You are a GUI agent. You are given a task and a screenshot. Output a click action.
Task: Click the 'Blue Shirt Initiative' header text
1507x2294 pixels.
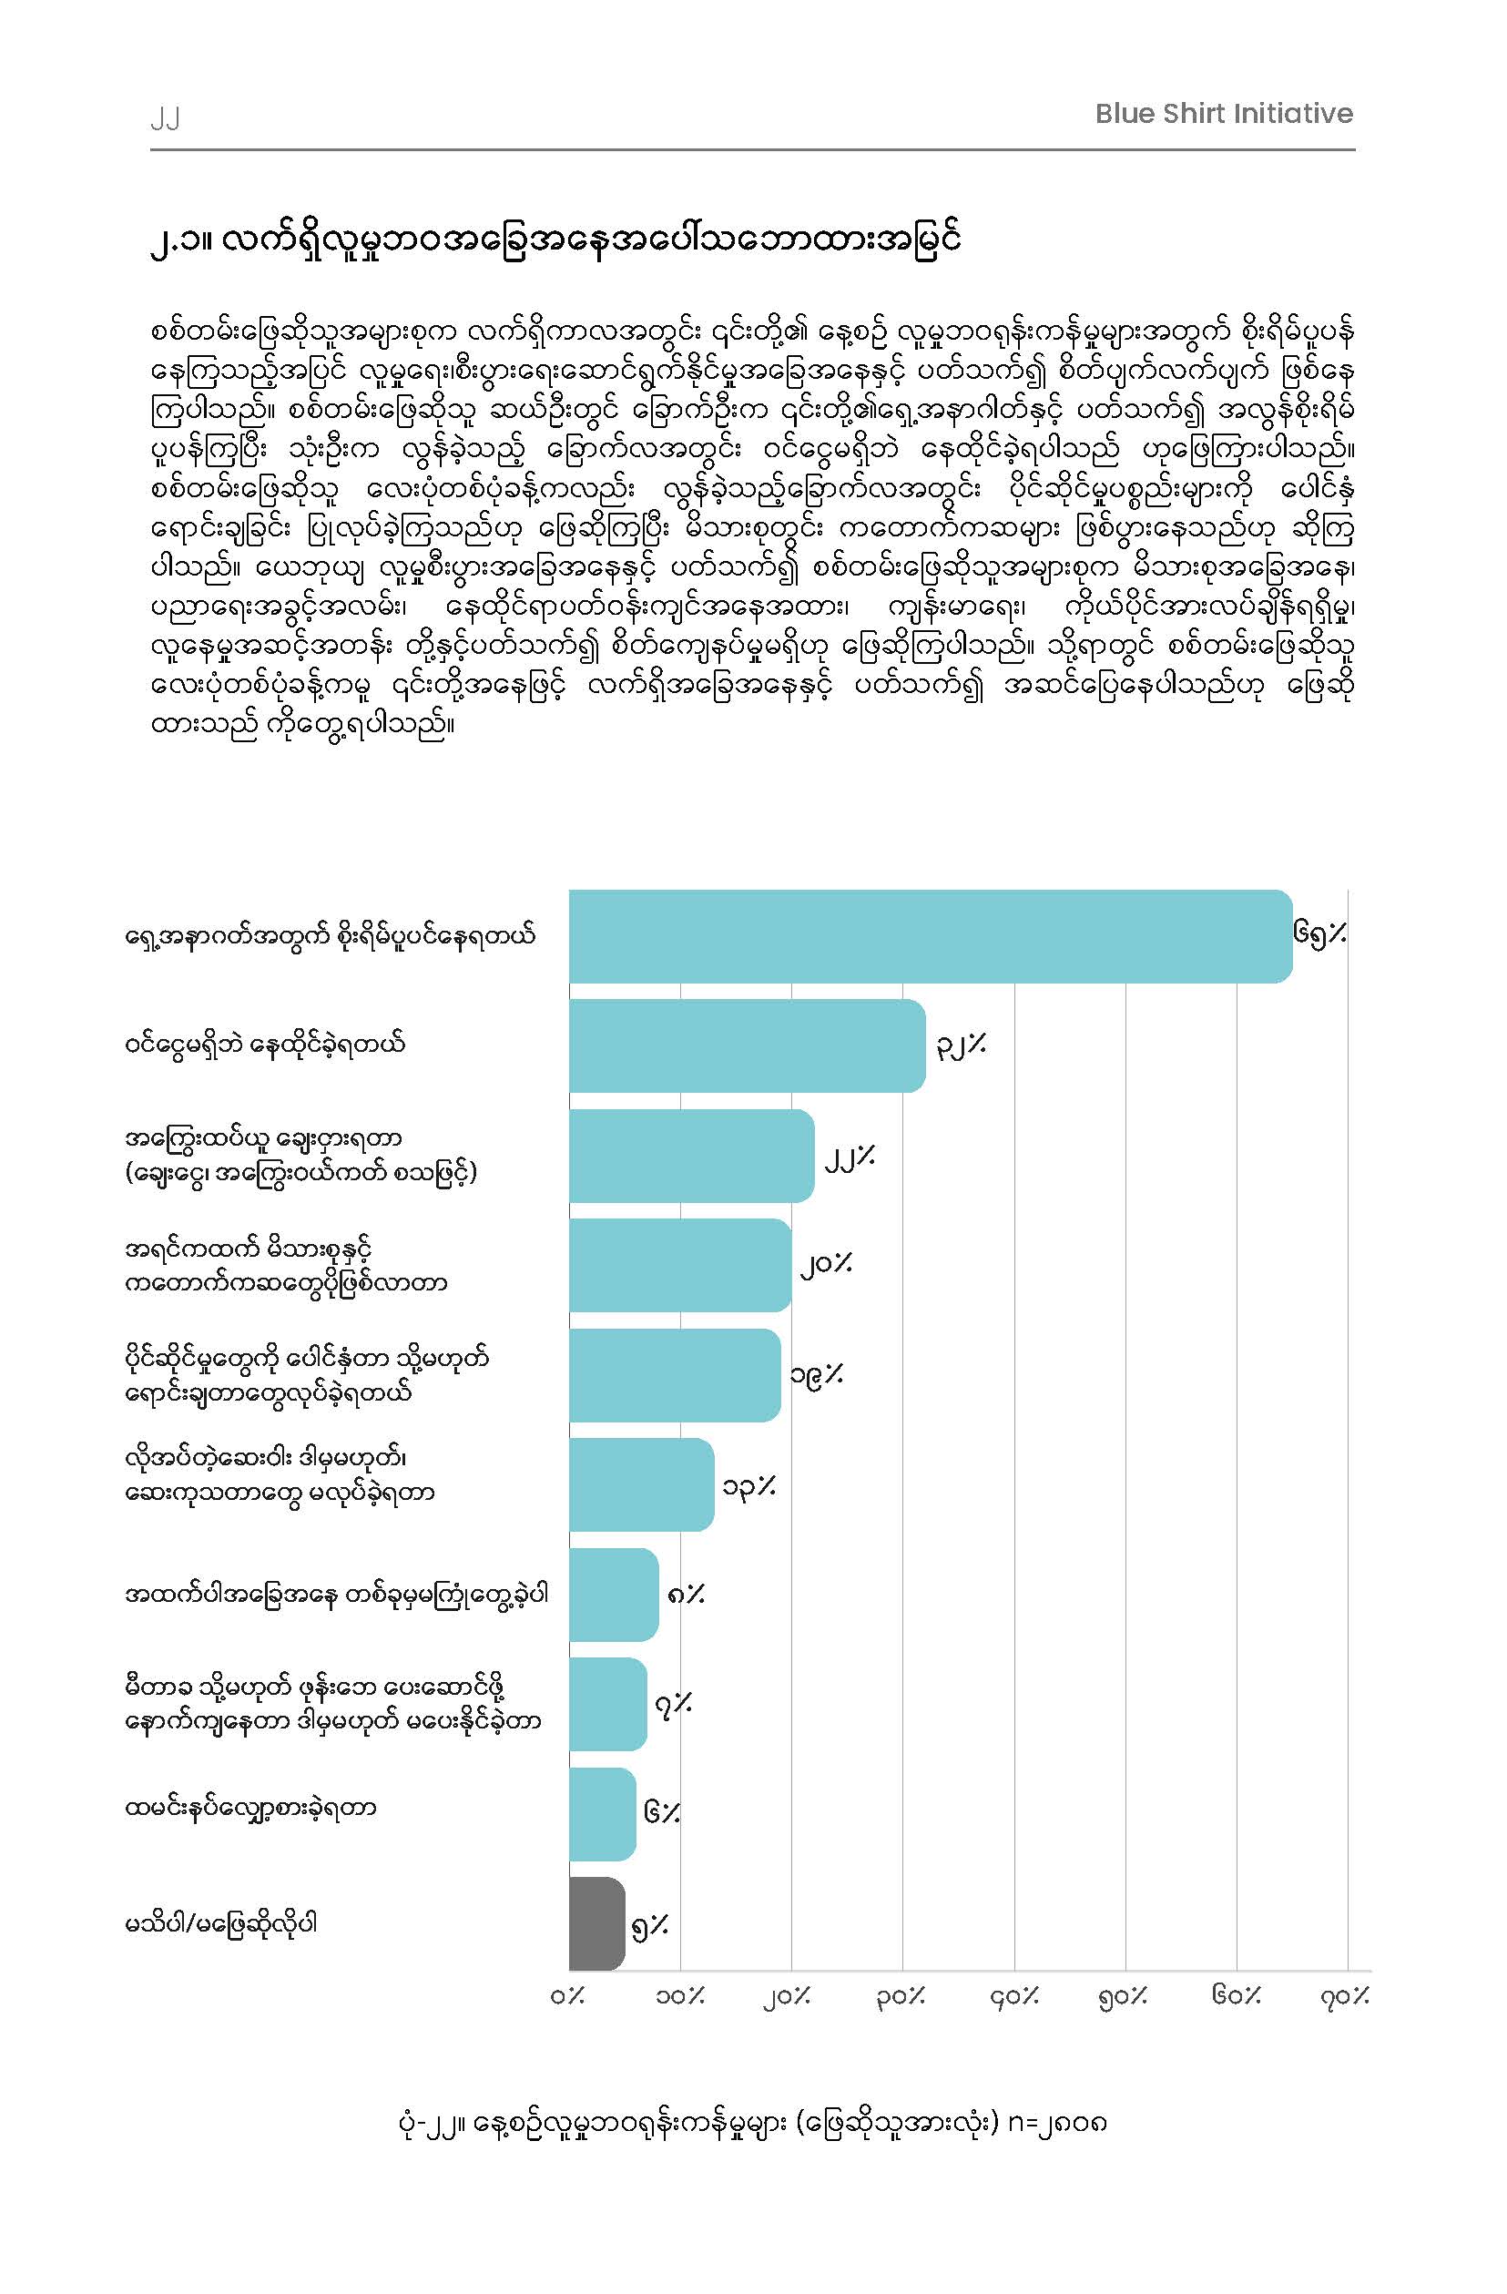(1224, 114)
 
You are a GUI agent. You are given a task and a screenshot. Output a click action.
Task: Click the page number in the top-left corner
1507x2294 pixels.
(165, 118)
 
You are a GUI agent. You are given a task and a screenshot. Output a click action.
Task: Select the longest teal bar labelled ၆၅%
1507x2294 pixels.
(931, 936)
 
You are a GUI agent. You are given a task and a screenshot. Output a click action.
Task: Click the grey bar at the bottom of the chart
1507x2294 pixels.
(597, 1924)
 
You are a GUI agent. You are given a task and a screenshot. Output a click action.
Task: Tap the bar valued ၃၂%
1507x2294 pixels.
(748, 1045)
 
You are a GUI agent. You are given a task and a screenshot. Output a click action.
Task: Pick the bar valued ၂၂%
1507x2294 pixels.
(692, 1156)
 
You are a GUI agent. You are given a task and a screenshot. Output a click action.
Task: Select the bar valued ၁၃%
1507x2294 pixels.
(642, 1484)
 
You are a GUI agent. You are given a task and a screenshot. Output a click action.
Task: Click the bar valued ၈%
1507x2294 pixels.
(614, 1595)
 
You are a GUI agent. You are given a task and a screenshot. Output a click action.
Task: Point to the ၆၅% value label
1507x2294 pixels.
(1321, 934)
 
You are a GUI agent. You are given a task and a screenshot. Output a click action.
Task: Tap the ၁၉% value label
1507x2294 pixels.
(816, 1373)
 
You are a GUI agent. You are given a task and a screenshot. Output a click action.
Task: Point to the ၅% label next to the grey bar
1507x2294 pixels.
(649, 1925)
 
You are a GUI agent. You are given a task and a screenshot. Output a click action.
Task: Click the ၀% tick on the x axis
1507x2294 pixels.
(568, 1995)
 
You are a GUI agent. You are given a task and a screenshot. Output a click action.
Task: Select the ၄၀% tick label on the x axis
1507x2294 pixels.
(1014, 1996)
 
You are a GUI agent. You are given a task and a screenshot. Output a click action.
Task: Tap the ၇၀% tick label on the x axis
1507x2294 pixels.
(1345, 1996)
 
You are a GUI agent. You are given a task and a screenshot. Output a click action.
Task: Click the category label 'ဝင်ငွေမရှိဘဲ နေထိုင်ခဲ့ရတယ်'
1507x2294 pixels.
(265, 1044)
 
